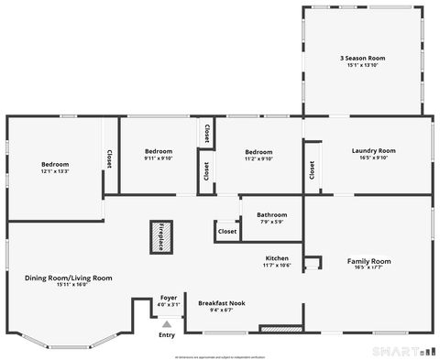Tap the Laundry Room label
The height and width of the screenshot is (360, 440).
(x=374, y=151)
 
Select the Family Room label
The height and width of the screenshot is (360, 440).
(x=368, y=261)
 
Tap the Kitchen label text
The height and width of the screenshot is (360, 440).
(x=278, y=257)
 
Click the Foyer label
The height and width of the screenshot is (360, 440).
(x=169, y=298)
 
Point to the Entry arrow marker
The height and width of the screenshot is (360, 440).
(x=166, y=323)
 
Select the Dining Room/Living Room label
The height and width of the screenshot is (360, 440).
(x=69, y=278)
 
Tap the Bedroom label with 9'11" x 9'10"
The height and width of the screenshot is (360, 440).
(x=159, y=151)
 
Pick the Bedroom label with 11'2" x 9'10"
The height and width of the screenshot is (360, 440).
(x=258, y=151)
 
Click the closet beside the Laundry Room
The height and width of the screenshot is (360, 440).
(x=313, y=169)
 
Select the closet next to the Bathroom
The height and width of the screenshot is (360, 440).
(x=227, y=232)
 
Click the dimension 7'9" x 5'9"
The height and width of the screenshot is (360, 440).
(x=271, y=222)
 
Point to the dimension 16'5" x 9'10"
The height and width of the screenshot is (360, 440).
(x=374, y=158)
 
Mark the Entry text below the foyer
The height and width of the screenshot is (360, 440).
(x=166, y=334)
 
